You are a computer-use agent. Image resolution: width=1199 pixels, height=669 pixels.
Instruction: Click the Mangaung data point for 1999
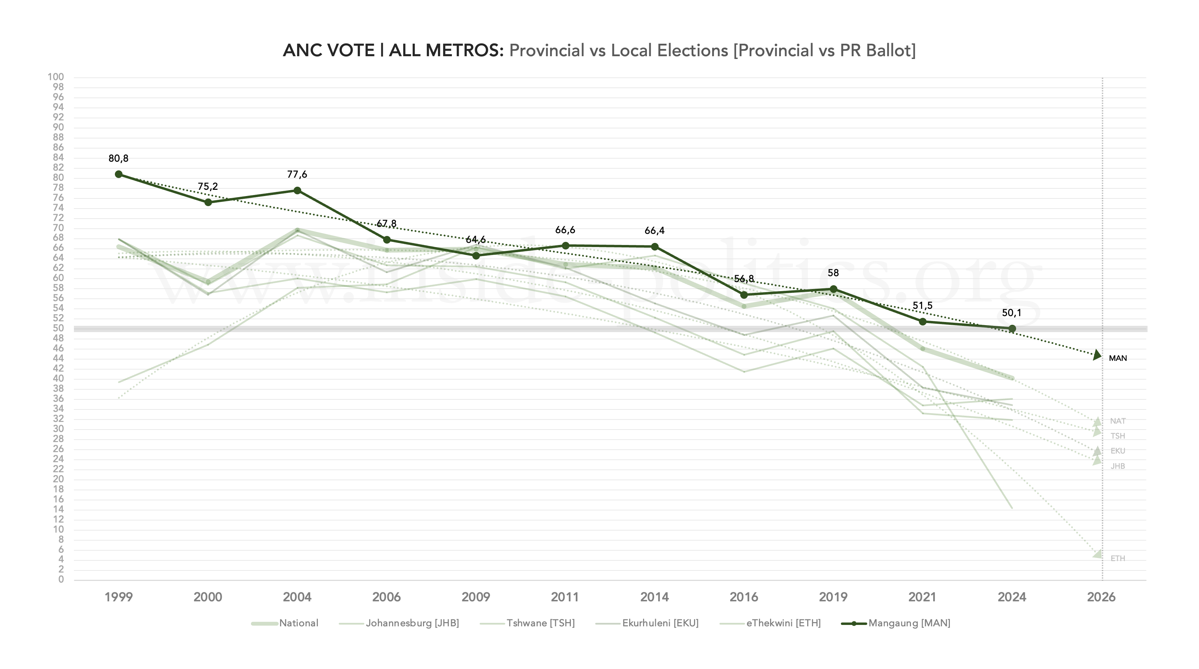pos(119,174)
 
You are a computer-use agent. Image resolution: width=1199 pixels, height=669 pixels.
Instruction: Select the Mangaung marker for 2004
pos(297,190)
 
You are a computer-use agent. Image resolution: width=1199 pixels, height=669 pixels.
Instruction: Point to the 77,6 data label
pos(297,175)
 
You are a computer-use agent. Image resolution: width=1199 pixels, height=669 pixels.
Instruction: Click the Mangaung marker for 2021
pos(922,321)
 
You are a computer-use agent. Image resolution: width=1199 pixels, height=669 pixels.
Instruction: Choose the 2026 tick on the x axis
pos(1101,597)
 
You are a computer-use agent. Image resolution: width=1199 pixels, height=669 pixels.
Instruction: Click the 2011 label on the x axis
pos(565,597)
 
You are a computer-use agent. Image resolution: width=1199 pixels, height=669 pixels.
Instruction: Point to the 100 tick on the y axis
pos(56,77)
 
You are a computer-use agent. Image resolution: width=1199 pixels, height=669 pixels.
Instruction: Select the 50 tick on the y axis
pos(58,328)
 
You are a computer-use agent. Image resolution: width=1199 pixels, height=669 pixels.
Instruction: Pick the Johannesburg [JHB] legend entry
pos(412,623)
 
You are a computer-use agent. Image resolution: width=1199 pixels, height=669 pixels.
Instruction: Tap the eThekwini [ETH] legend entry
pos(783,623)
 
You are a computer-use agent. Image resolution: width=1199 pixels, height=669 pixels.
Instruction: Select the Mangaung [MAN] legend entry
pos(909,623)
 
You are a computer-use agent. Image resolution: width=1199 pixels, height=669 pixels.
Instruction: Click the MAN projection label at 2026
pos(1117,358)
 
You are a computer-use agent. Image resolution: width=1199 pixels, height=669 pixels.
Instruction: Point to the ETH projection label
pos(1117,558)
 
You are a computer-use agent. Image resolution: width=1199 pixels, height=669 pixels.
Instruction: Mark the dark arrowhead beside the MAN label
pos(1097,355)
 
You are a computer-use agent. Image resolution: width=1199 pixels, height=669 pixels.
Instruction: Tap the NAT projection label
pos(1117,421)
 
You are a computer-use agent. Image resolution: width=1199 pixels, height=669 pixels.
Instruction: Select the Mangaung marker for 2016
pos(744,295)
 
